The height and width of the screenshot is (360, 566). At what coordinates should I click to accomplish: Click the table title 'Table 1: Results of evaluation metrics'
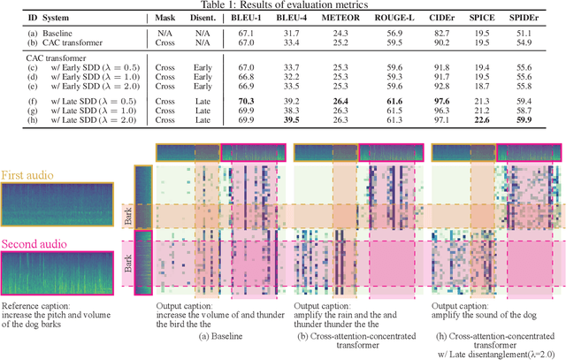pos(283,6)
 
